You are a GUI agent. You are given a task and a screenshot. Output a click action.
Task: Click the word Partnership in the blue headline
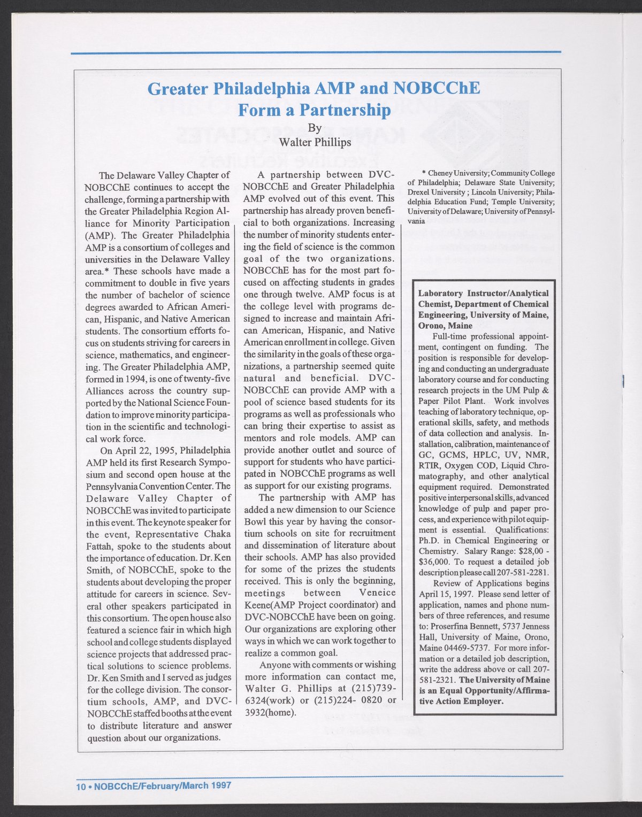coord(344,110)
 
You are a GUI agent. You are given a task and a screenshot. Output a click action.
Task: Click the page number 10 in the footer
coord(80,786)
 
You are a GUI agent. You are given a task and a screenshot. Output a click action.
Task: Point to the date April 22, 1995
coord(150,450)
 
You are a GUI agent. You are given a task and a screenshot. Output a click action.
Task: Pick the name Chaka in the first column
coord(216,534)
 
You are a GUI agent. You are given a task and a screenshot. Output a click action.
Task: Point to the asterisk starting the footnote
coord(424,173)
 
